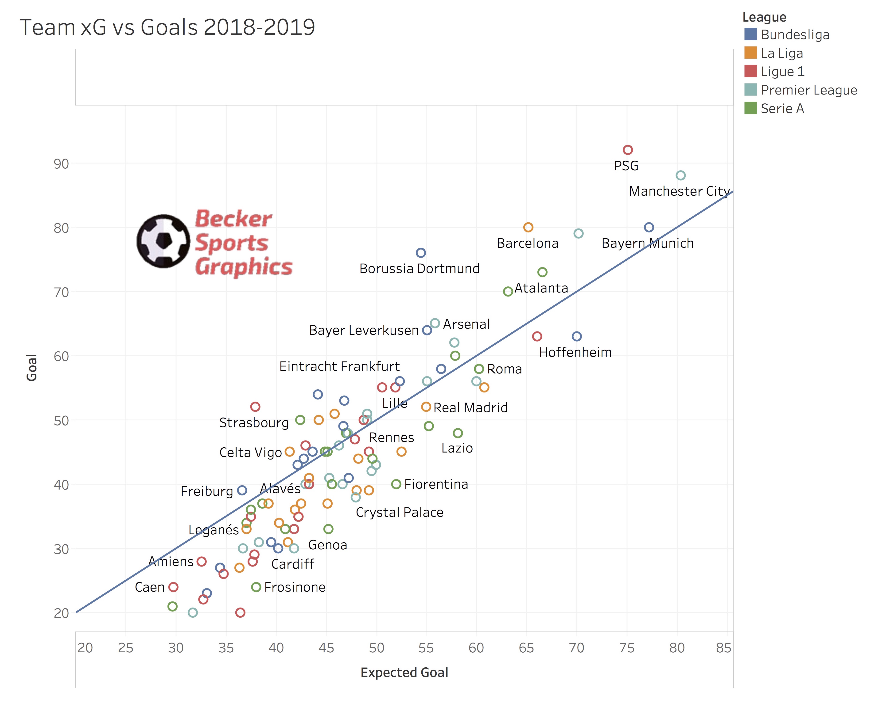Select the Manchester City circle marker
tap(680, 175)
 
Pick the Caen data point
tap(173, 587)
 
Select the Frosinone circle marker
tap(256, 587)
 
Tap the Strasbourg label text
tap(254, 423)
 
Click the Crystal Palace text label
tap(399, 512)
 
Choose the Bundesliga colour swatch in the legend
tap(750, 34)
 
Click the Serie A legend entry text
tap(782, 109)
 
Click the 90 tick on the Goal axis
tap(61, 164)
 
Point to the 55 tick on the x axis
tap(426, 648)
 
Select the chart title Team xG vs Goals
tap(167, 28)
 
